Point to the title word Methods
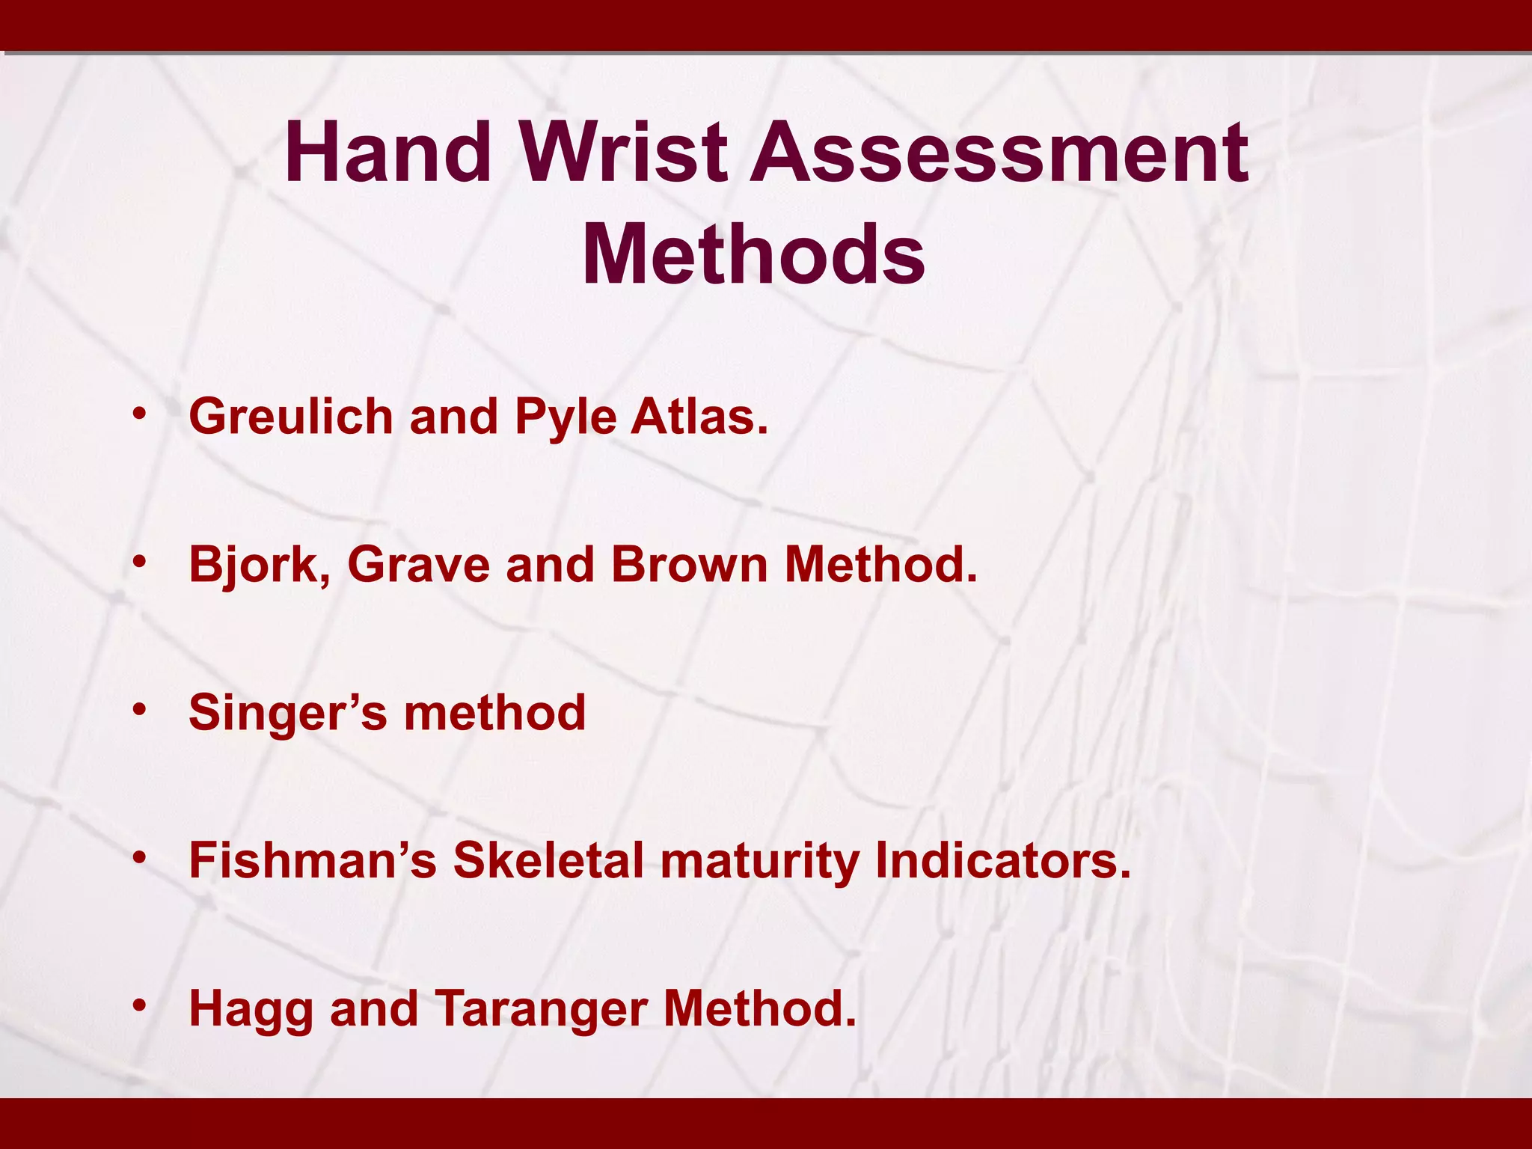click(x=753, y=254)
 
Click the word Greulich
click(x=291, y=416)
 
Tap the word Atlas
click(x=699, y=416)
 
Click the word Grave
click(x=418, y=564)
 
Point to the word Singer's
click(x=288, y=713)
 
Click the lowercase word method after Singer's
click(x=494, y=712)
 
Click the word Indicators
click(x=1002, y=860)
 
